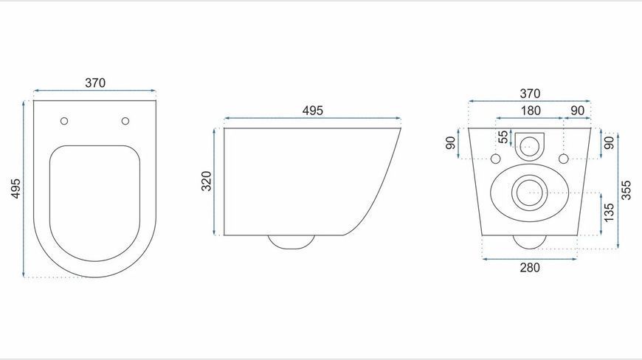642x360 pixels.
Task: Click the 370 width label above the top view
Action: click(x=95, y=83)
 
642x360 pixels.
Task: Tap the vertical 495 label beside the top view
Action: click(x=15, y=188)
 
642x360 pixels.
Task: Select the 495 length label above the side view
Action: click(x=313, y=111)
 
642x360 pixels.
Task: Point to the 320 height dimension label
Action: click(x=207, y=181)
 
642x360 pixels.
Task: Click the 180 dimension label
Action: click(x=531, y=111)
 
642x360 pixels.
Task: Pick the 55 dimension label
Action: click(x=503, y=136)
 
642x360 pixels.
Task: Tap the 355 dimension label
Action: click(x=626, y=190)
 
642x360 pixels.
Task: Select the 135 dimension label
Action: click(x=609, y=212)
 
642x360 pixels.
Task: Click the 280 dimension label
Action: click(x=530, y=268)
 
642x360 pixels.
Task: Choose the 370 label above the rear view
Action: click(x=531, y=94)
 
